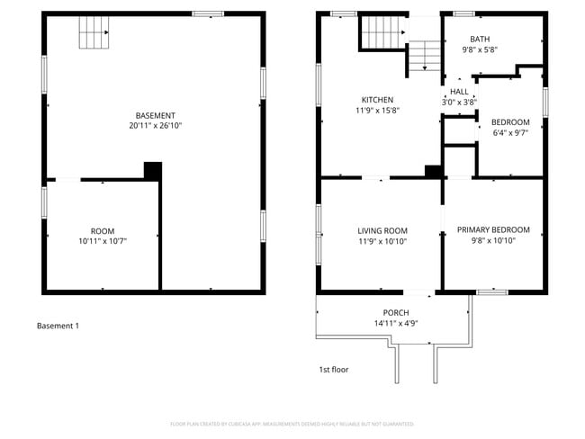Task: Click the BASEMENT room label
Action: coord(155,115)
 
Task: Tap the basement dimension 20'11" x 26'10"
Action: coord(155,126)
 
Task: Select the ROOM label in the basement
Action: coord(103,231)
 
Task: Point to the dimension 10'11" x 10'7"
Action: coord(103,242)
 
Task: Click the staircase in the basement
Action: coord(94,35)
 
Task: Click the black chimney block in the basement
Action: coord(152,170)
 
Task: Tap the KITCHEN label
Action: coord(377,100)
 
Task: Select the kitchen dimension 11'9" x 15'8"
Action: coord(377,111)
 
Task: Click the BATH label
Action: coord(481,39)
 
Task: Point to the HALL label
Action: coord(459,92)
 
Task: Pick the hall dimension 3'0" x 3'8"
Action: coord(459,103)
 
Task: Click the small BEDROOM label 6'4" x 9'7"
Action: coord(510,122)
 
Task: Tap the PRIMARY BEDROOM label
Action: coord(493,230)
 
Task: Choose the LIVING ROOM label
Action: coord(382,230)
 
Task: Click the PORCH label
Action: coord(396,313)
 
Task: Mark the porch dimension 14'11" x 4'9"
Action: coord(396,324)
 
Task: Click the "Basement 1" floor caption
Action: coord(58,326)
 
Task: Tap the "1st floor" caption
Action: coord(333,370)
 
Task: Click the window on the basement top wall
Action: coord(209,13)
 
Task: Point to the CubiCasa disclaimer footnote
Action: coord(292,424)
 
